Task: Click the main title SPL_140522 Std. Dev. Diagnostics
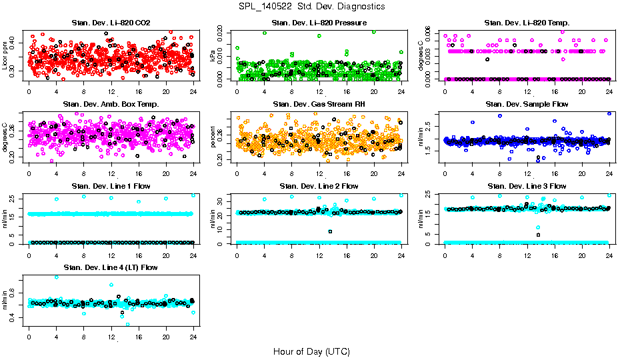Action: coord(311,7)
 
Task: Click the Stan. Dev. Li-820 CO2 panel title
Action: coord(111,23)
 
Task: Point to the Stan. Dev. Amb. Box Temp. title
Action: coord(111,105)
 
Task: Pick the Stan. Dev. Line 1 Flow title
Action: coord(111,186)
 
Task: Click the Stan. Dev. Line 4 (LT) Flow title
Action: coord(111,267)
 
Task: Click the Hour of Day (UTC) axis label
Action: coord(311,351)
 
